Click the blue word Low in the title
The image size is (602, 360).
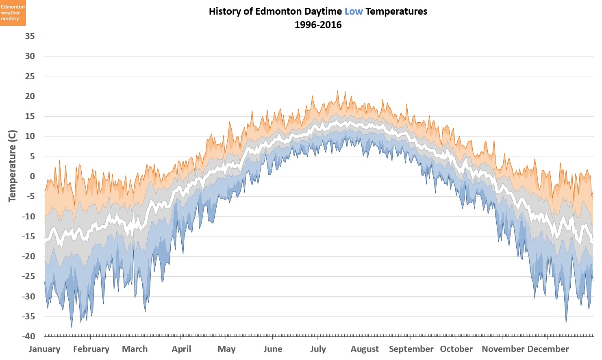[353, 11]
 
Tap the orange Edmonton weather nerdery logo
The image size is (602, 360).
[13, 13]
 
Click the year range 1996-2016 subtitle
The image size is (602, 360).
[318, 25]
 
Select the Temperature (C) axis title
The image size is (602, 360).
[12, 166]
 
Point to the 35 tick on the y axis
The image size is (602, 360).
[30, 36]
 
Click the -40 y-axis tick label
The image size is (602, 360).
[28, 336]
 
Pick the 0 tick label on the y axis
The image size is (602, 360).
[32, 176]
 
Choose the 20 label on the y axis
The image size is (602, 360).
[30, 96]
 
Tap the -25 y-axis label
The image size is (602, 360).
[28, 276]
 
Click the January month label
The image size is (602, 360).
[45, 349]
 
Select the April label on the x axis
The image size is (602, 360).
[181, 349]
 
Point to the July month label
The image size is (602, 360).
[318, 349]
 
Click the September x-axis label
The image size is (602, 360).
[411, 349]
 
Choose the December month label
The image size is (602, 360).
[548, 349]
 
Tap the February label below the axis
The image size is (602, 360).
[91, 349]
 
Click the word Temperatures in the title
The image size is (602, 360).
[396, 11]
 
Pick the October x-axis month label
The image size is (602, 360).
[456, 349]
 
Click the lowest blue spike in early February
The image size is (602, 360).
[72, 327]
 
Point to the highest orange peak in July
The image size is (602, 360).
[337, 91]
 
